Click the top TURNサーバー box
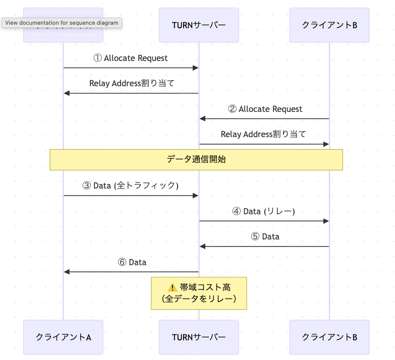pos(199,25)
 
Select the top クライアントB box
pos(329,25)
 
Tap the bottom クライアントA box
pos(63,337)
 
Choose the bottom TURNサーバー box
pos(199,337)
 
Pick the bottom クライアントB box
pos(329,337)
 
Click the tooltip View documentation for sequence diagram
pos(62,23)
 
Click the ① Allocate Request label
pos(131,58)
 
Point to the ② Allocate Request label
pos(265,109)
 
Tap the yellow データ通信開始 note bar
pos(196,159)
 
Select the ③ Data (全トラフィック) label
pos(131,186)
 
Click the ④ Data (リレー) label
pos(264,211)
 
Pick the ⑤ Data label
pos(264,236)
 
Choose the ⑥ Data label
pos(132,262)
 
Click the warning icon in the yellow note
pos(173,287)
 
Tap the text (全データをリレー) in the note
pos(199,299)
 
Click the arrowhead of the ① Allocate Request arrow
pos(196,68)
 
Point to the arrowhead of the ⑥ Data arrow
pos(67,272)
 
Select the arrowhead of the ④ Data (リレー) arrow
pos(326,221)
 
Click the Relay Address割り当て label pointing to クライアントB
pos(263,135)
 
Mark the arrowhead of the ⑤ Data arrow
pos(202,246)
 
